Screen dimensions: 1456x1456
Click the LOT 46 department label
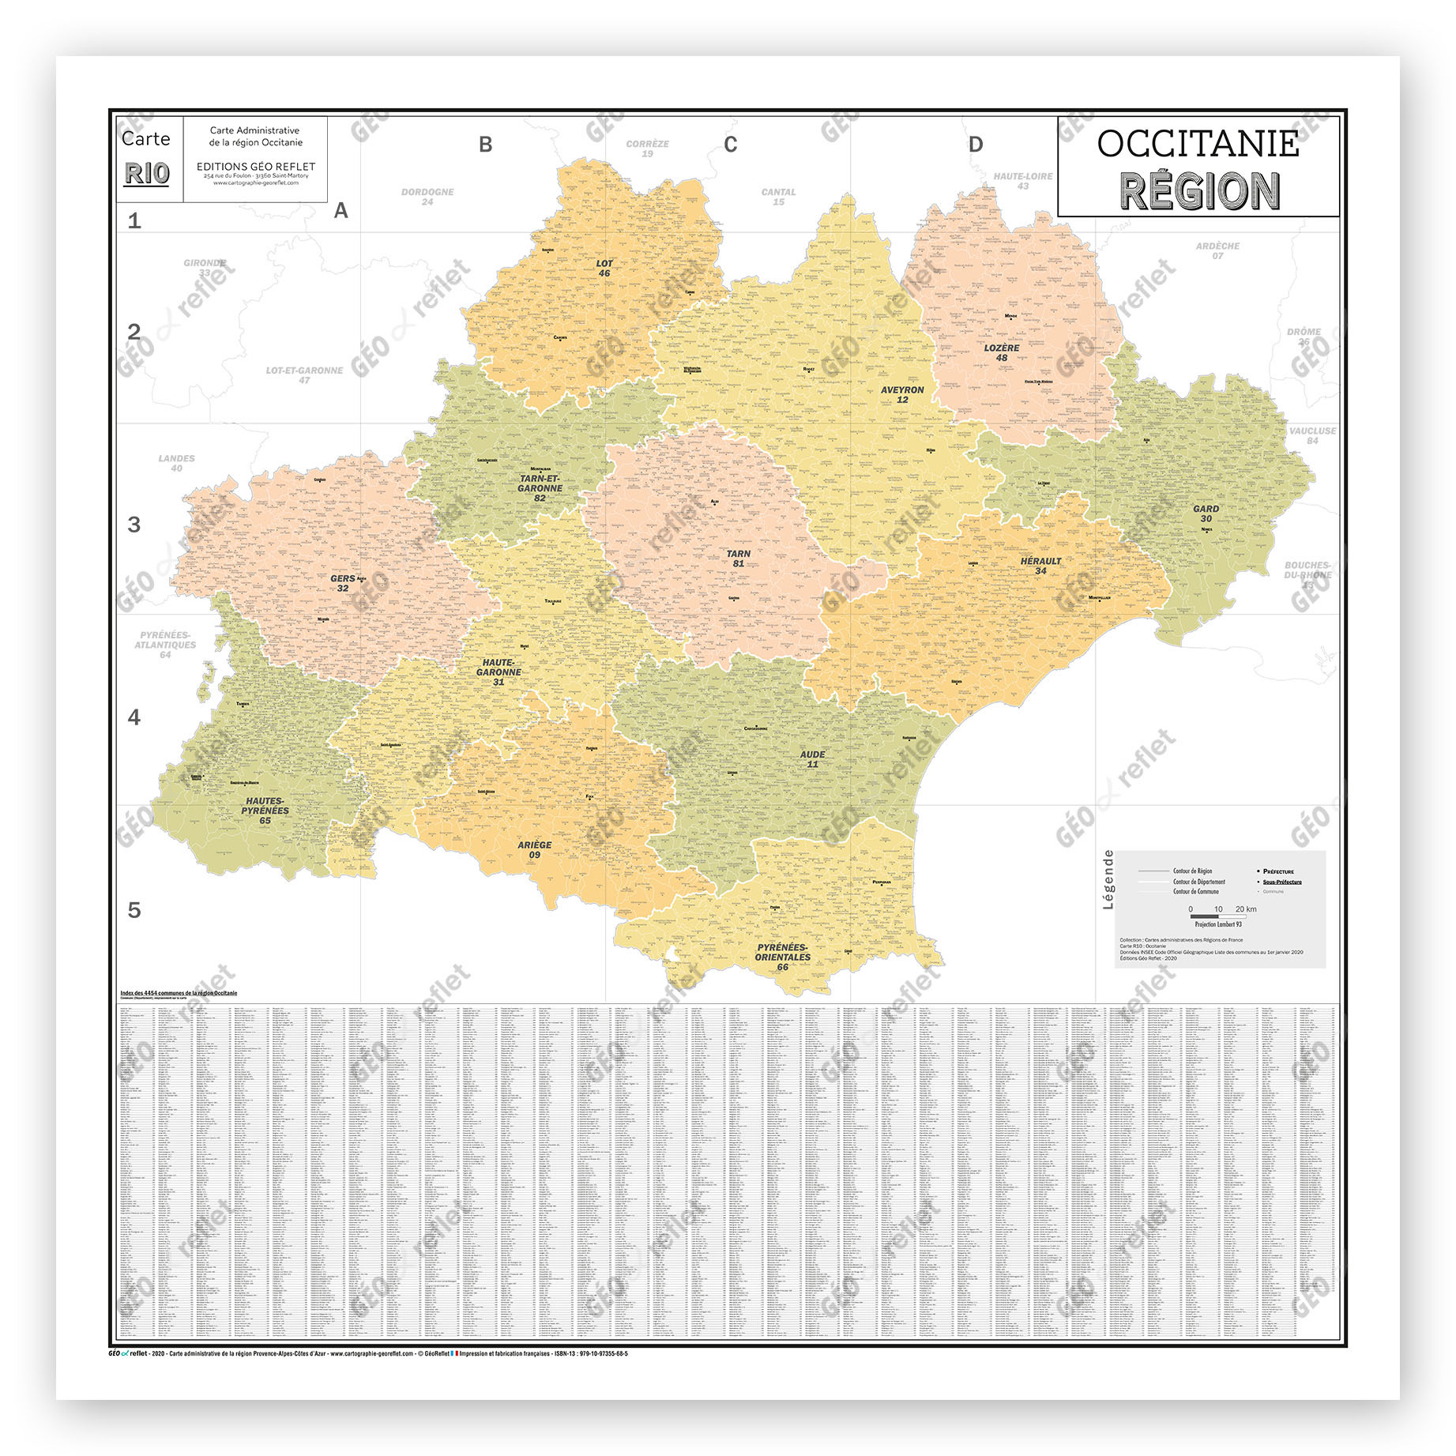click(x=604, y=269)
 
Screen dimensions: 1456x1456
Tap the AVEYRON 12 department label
click(x=902, y=395)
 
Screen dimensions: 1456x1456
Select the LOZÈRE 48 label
click(x=1002, y=353)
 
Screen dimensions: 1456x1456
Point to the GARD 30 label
click(x=1206, y=514)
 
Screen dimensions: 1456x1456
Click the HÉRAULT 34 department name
click(x=1040, y=566)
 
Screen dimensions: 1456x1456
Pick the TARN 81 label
click(x=739, y=559)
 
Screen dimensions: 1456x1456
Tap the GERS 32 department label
click(x=343, y=583)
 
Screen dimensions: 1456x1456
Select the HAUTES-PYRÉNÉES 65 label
click(x=265, y=811)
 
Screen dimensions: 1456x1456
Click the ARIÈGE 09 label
click(x=535, y=850)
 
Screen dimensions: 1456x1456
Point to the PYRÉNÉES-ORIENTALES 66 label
click(x=782, y=957)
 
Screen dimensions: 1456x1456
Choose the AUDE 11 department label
click(x=812, y=759)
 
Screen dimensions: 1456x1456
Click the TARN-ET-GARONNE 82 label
click(x=540, y=488)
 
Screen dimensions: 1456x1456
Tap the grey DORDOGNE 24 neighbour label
click(x=427, y=197)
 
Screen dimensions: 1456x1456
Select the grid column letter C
click(x=731, y=145)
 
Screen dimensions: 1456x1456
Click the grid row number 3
click(x=134, y=525)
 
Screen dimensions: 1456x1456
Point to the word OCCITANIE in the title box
click(x=1198, y=144)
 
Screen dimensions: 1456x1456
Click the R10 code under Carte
click(x=147, y=174)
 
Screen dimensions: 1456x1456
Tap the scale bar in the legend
click(x=1217, y=917)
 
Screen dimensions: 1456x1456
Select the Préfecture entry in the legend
click(x=1277, y=871)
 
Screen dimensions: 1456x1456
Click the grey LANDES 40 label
click(x=176, y=463)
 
